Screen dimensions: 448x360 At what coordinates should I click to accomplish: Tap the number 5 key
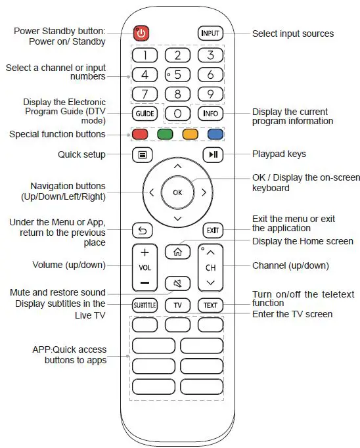[x=177, y=74]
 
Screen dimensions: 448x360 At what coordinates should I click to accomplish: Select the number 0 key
[x=177, y=113]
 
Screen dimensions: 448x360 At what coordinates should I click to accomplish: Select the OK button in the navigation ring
[x=177, y=192]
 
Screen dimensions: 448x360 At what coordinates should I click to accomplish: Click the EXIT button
[x=211, y=230]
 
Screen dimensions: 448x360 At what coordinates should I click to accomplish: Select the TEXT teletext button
[x=210, y=305]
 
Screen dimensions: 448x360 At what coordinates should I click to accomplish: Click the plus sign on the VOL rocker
[x=145, y=252]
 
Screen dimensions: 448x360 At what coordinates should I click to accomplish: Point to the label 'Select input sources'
[x=293, y=34]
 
